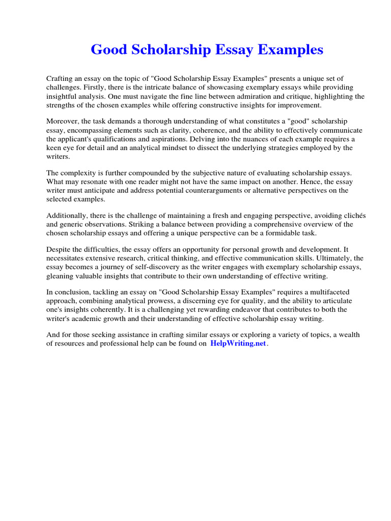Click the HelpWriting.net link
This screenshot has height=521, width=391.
tap(238, 343)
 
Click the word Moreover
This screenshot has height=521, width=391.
tap(63, 121)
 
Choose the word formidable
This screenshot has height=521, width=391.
tap(278, 234)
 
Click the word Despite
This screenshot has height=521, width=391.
tap(59, 250)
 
